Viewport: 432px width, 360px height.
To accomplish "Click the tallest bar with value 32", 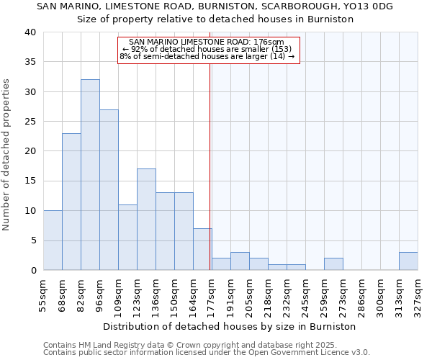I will pyautogui.click(x=90, y=175).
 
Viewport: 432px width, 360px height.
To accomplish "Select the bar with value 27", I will pyautogui.click(x=109, y=190).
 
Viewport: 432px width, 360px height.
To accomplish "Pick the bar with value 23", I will pyautogui.click(x=71, y=202).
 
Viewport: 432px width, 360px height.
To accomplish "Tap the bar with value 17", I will pyautogui.click(x=146, y=220).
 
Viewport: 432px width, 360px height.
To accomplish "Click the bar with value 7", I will pyautogui.click(x=202, y=249).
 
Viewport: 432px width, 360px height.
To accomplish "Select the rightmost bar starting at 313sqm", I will pyautogui.click(x=408, y=261).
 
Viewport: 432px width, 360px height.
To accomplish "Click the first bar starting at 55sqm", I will pyautogui.click(x=53, y=240).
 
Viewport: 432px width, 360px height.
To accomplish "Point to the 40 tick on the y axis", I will pyautogui.click(x=30, y=32).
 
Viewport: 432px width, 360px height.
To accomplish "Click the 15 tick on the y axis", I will pyautogui.click(x=30, y=181).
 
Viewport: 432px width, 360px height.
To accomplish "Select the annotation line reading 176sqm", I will pyautogui.click(x=207, y=42).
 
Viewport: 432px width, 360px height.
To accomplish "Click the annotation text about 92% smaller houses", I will pyautogui.click(x=207, y=50).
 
